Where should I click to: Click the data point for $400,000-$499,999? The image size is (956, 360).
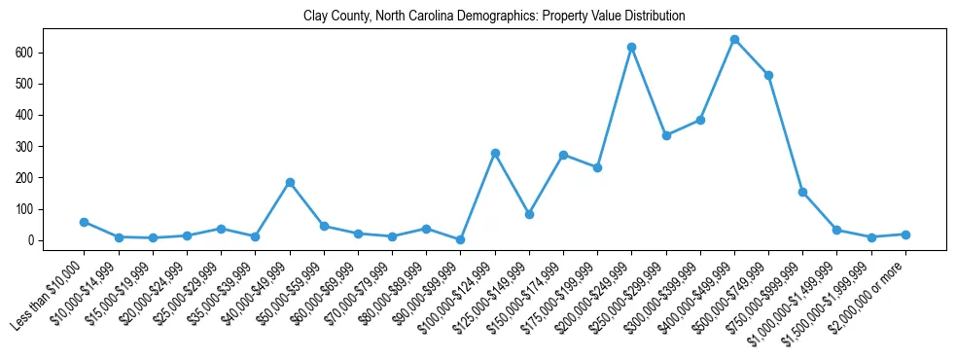(734, 40)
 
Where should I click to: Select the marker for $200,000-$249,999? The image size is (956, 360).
(631, 47)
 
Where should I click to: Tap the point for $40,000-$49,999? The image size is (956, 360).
(290, 182)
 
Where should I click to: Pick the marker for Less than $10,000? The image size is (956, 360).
(84, 222)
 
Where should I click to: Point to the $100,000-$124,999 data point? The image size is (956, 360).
(495, 153)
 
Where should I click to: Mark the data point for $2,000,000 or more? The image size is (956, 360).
(905, 234)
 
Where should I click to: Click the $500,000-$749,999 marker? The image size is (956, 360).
(768, 75)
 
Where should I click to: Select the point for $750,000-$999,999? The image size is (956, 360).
(802, 192)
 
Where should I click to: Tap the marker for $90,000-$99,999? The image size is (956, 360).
(461, 239)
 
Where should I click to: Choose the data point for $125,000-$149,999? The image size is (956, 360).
(529, 214)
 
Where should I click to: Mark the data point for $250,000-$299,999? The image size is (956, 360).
(666, 135)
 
